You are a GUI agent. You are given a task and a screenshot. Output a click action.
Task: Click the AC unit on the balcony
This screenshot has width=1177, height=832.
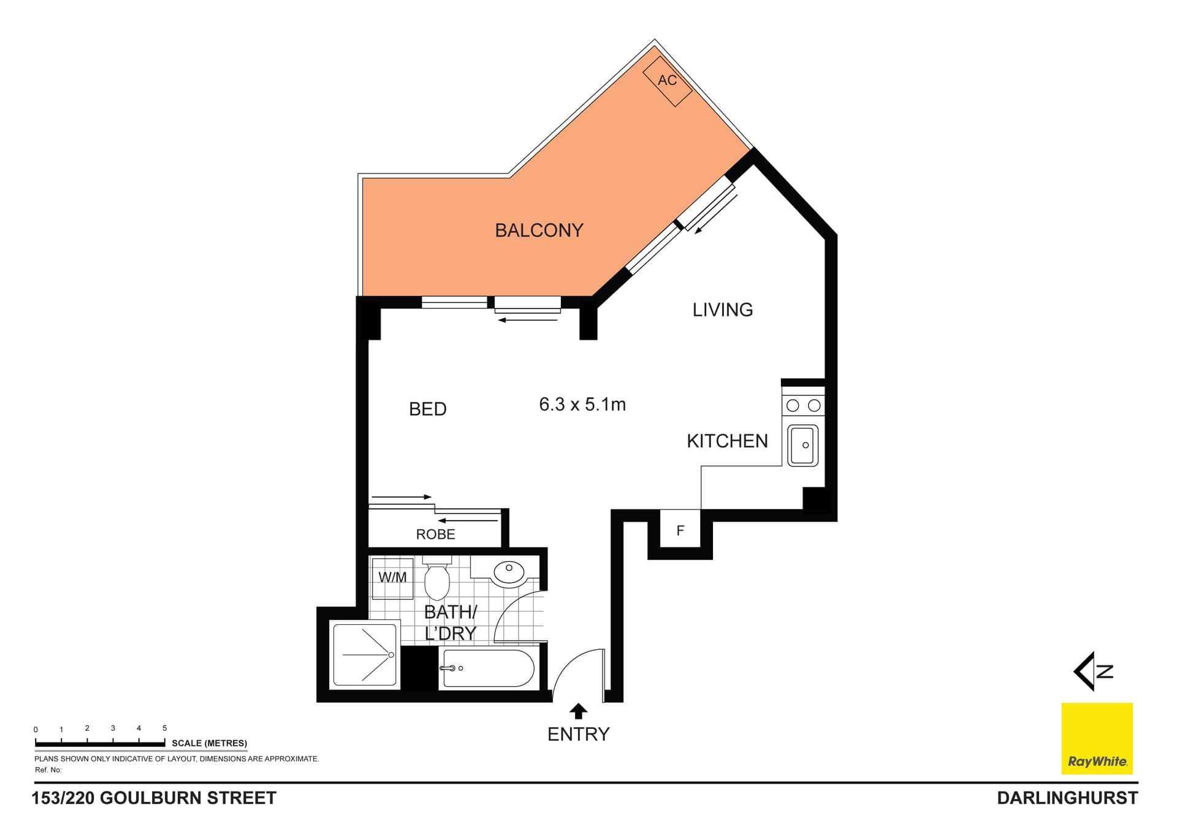pyautogui.click(x=668, y=81)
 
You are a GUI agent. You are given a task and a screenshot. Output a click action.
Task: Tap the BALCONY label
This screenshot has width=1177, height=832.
pyautogui.click(x=539, y=231)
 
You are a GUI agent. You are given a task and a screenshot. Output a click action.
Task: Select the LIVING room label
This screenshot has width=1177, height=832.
pyautogui.click(x=723, y=310)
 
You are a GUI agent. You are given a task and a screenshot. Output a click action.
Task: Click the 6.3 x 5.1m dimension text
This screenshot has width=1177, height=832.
pyautogui.click(x=582, y=405)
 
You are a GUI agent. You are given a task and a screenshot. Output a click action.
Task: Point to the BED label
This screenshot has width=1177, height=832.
pyautogui.click(x=428, y=409)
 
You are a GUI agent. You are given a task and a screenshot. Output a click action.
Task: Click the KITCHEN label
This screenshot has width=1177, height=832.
pyautogui.click(x=727, y=441)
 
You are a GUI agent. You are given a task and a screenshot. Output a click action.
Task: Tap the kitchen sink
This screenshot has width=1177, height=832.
pyautogui.click(x=803, y=445)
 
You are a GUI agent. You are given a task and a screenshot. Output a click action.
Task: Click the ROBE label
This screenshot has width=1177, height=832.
pyautogui.click(x=436, y=534)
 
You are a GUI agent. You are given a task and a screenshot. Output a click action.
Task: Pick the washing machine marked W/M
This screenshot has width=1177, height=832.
pyautogui.click(x=392, y=578)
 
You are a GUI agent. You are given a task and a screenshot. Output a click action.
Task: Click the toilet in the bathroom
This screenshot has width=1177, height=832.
pyautogui.click(x=437, y=578)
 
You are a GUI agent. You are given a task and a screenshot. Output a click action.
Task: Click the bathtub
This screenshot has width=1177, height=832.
pyautogui.click(x=488, y=668)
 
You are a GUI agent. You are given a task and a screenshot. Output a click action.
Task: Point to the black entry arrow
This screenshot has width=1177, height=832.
pyautogui.click(x=578, y=711)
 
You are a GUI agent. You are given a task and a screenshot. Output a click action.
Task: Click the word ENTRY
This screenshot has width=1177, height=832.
pyautogui.click(x=579, y=735)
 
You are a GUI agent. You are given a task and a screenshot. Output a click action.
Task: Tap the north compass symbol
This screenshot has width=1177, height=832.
pyautogui.click(x=1092, y=671)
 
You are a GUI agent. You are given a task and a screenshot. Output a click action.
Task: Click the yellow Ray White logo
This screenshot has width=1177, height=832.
pyautogui.click(x=1097, y=738)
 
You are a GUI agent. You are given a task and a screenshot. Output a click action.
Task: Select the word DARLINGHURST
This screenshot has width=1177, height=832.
pyautogui.click(x=1067, y=798)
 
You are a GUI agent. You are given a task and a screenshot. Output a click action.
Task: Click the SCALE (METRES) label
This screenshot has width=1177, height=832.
pyautogui.click(x=210, y=743)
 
